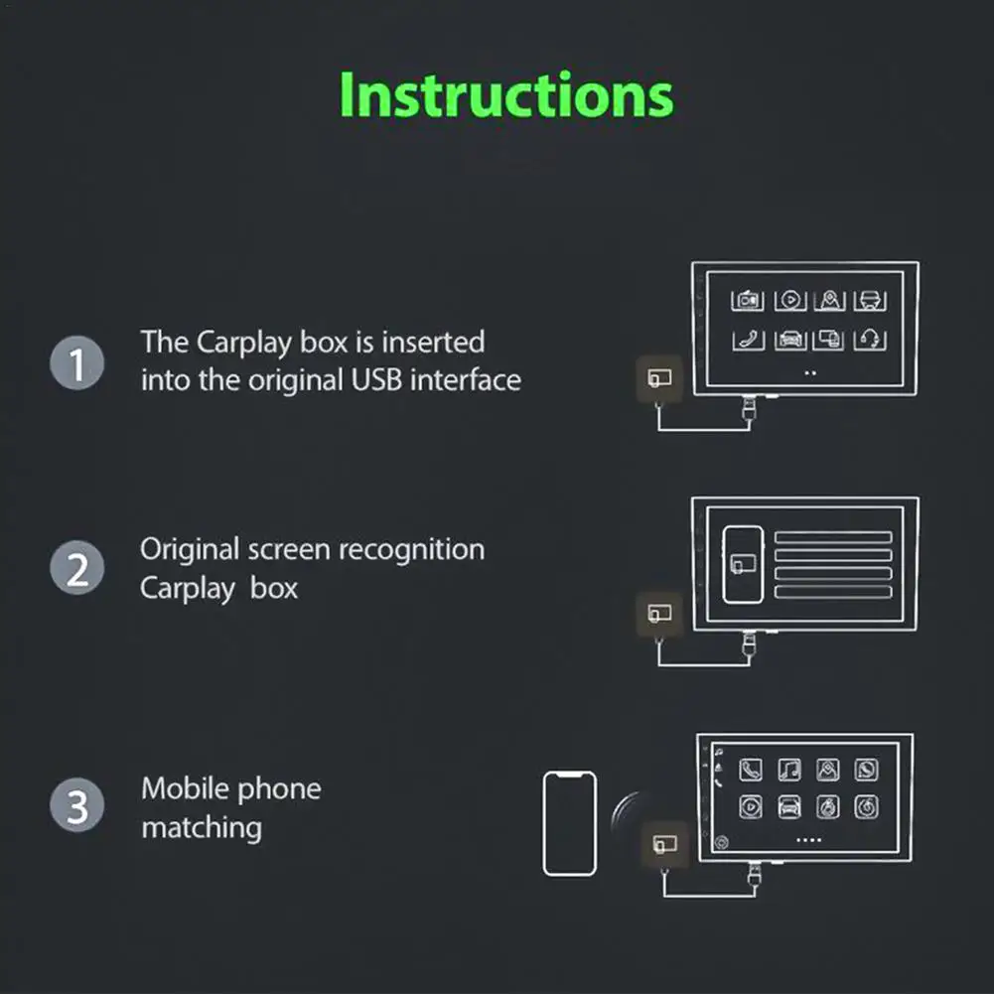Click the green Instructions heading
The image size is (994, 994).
[505, 95]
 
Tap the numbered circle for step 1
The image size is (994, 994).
[77, 362]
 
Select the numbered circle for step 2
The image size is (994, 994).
[77, 567]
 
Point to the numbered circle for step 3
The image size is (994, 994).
[77, 805]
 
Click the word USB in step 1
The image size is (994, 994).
[376, 380]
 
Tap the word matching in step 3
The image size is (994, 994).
[202, 828]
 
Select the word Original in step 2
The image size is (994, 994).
[190, 550]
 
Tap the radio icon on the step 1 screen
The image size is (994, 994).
[748, 300]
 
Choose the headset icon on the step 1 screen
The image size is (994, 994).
[870, 340]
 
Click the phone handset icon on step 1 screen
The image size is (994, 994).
[748, 341]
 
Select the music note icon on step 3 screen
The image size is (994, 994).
[789, 770]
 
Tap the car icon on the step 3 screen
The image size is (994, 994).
[789, 807]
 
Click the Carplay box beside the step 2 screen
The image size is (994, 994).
[659, 614]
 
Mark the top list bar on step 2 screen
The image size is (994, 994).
[833, 537]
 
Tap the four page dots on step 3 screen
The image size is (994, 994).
[808, 840]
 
